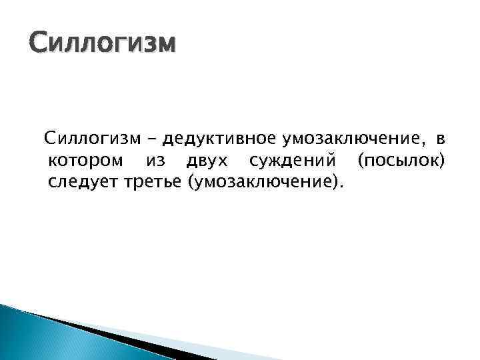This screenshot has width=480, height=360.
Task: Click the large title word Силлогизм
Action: point(103,45)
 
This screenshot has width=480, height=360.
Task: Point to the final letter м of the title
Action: point(167,47)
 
